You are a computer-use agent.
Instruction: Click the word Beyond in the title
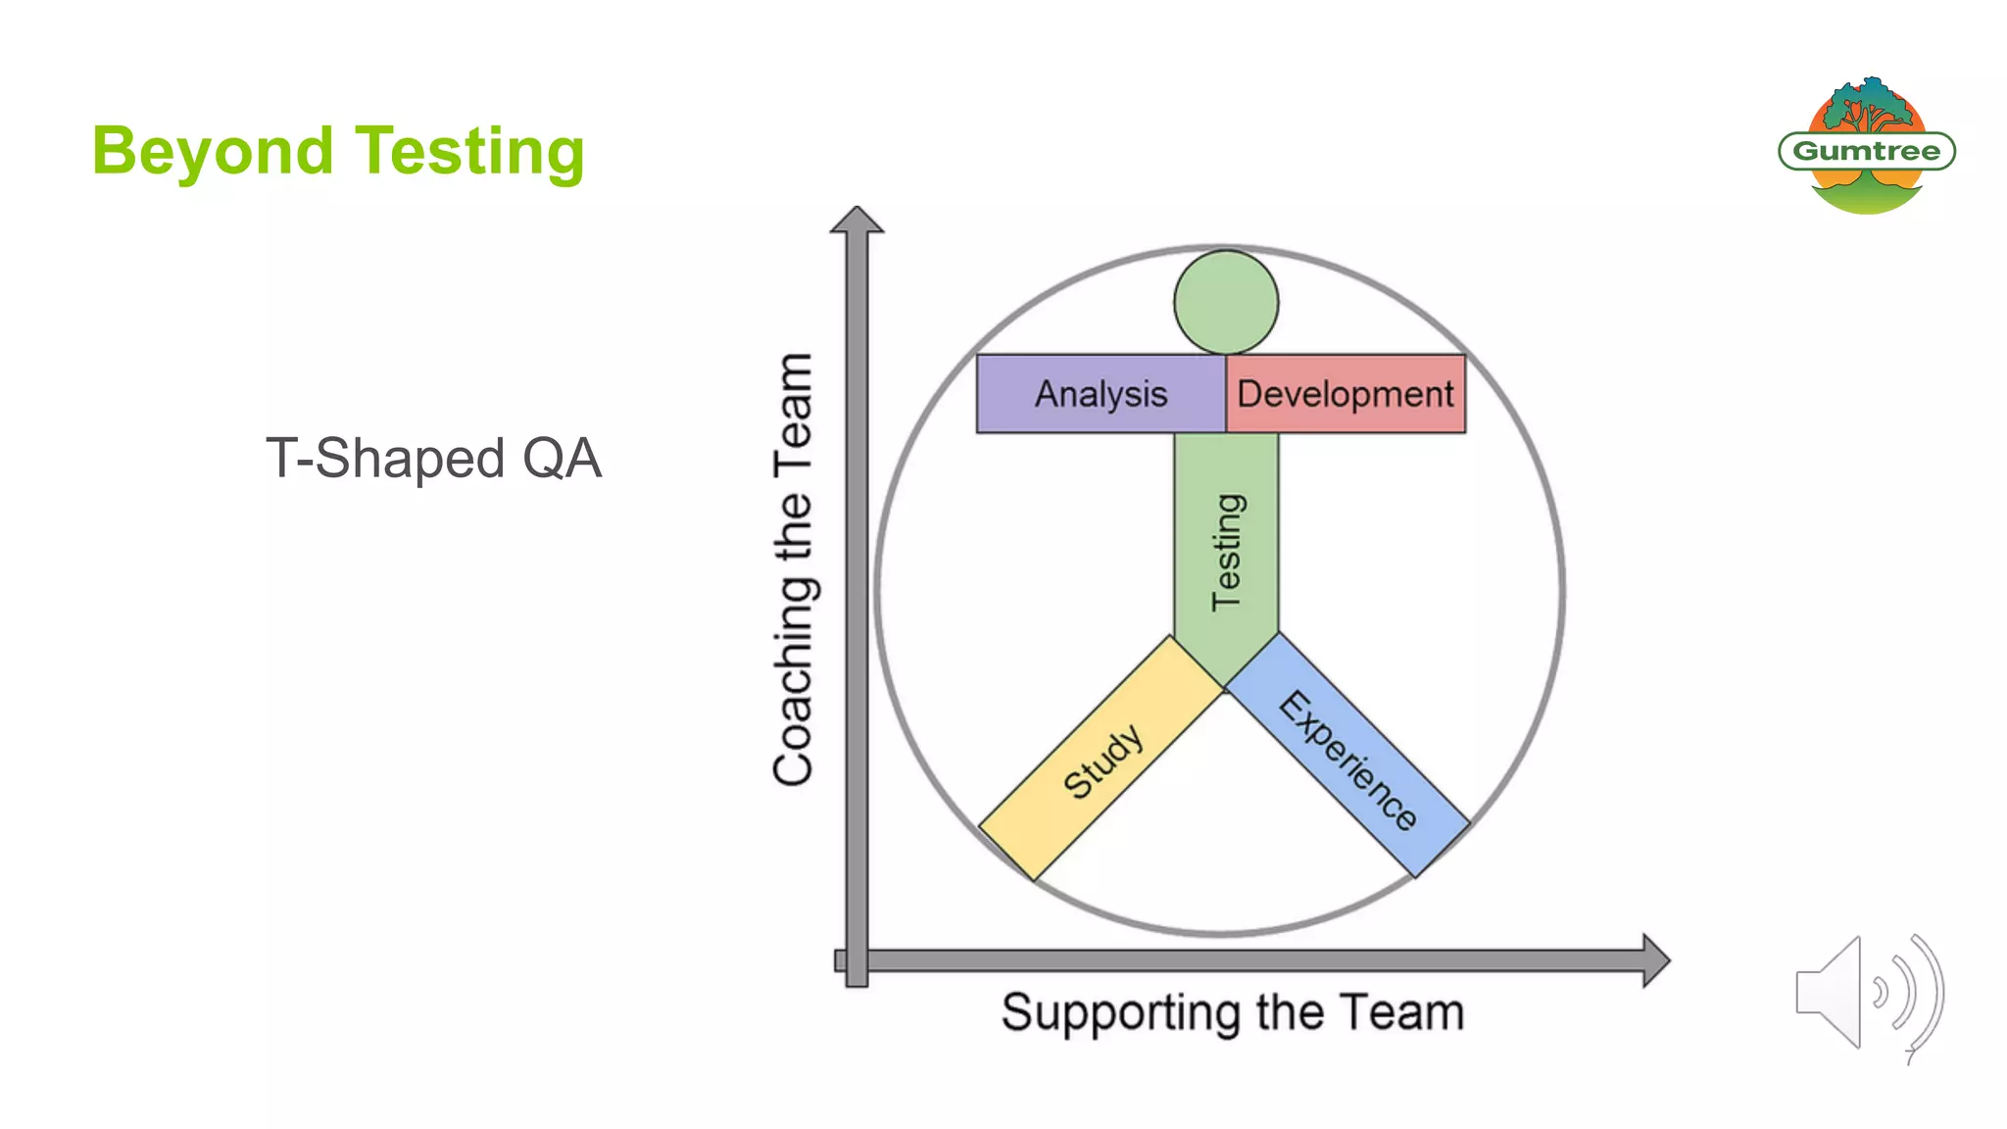click(213, 152)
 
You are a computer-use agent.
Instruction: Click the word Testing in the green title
click(469, 152)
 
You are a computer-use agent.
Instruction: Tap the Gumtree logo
click(1867, 149)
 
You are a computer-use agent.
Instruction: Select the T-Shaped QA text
click(433, 459)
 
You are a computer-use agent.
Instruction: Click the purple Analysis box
click(1101, 394)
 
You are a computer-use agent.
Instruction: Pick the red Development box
click(1346, 394)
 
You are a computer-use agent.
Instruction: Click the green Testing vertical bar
click(1226, 549)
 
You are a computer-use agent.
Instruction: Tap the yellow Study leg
click(1102, 760)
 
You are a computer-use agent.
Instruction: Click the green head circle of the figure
click(1226, 302)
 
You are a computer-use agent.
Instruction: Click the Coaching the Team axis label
click(793, 568)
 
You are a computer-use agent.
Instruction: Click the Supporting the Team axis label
click(1232, 1012)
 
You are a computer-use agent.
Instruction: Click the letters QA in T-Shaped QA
click(562, 459)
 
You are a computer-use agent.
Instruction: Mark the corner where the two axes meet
click(857, 960)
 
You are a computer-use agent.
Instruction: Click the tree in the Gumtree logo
click(1867, 108)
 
